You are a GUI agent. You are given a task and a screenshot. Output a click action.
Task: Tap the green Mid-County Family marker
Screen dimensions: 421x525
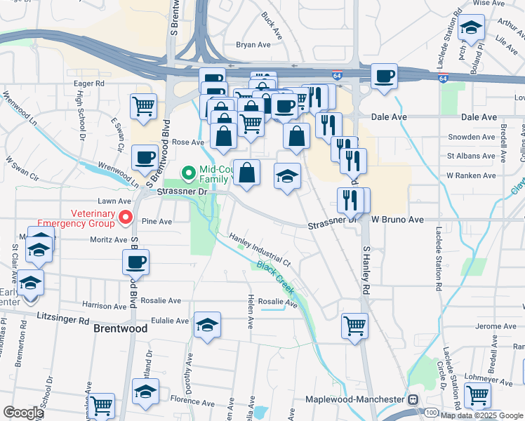(x=187, y=171)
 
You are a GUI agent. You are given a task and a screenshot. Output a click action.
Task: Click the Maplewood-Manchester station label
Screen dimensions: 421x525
(x=354, y=399)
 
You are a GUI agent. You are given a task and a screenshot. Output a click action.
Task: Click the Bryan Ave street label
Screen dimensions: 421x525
(x=253, y=44)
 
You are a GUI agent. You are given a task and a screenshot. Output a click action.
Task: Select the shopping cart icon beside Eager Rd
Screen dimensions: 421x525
(x=143, y=107)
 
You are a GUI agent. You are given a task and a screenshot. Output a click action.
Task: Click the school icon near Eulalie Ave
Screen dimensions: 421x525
(x=207, y=325)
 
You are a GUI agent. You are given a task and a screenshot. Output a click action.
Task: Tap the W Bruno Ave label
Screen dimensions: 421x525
(x=397, y=220)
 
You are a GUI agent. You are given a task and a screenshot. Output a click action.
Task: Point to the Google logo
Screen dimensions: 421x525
(x=23, y=413)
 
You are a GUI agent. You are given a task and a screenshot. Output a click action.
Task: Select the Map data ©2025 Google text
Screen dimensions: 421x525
(x=481, y=415)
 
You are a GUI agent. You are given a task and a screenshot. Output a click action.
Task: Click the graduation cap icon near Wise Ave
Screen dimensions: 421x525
(x=471, y=28)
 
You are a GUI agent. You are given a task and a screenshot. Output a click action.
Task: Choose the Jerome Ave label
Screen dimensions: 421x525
(x=496, y=326)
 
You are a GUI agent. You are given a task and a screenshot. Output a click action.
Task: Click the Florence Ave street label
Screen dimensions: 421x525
(x=192, y=403)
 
